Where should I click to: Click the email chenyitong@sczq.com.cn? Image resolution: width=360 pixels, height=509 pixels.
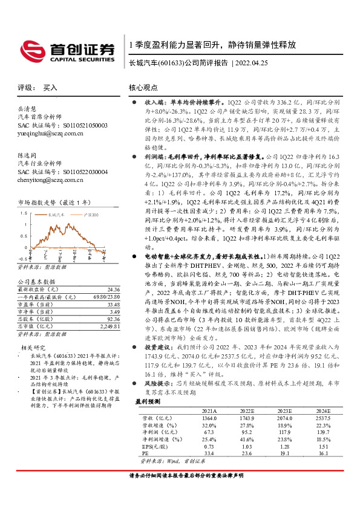pyautogui.click(x=54, y=180)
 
